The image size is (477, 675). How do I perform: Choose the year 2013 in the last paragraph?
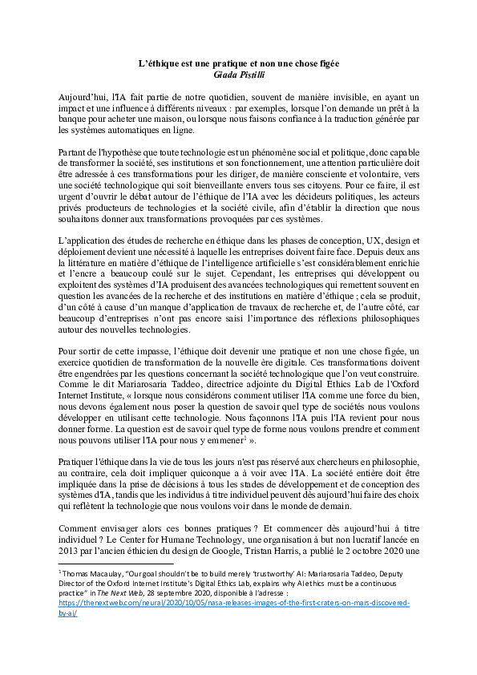71,556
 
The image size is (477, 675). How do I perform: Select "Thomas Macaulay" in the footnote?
96,573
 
